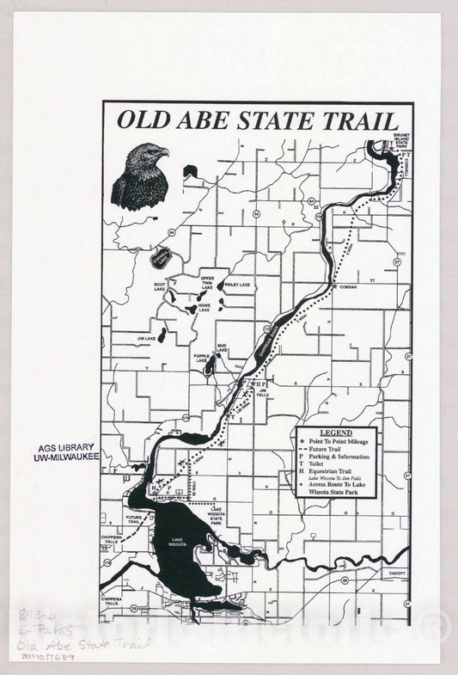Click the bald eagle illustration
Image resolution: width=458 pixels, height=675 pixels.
[139, 177]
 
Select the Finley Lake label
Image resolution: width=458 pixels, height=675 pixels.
[239, 285]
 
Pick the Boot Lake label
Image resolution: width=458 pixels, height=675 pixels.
[160, 286]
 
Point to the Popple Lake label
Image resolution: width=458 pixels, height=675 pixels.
[201, 359]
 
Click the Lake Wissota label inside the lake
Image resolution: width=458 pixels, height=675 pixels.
[178, 543]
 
